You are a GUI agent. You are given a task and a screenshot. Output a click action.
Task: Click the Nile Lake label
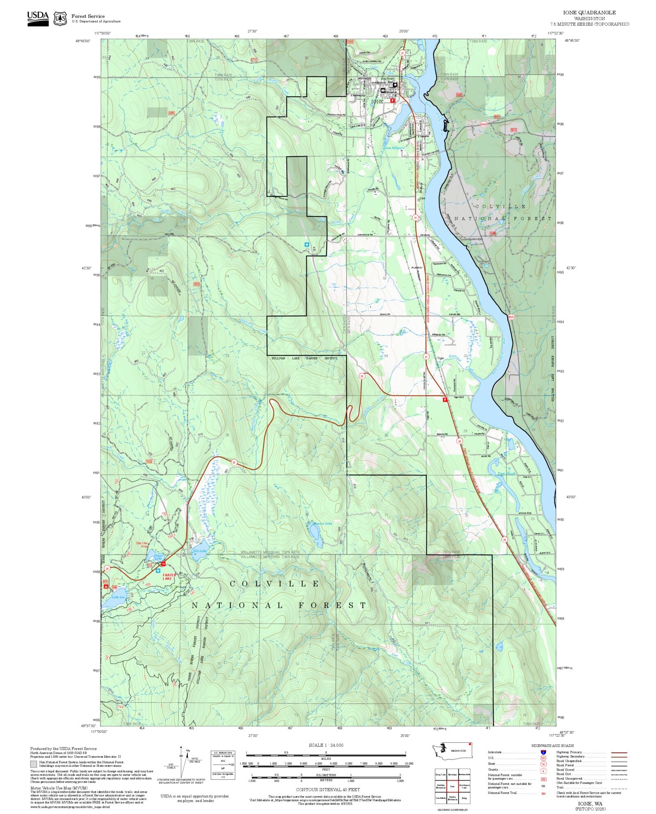199,551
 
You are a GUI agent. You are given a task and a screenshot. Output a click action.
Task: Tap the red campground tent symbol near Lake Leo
106,587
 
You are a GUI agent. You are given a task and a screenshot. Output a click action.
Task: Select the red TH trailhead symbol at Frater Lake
163,564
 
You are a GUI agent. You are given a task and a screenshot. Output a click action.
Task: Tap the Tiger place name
440,358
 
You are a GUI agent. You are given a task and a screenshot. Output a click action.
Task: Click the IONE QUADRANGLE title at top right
589,12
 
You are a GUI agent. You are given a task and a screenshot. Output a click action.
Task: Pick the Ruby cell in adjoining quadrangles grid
464,798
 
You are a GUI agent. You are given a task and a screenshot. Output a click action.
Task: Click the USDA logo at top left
38,18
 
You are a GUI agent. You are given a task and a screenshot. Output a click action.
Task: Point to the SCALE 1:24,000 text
326,745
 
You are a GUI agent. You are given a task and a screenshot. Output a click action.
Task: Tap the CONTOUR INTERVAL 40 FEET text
328,789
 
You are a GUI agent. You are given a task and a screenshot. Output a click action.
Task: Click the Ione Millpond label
394,148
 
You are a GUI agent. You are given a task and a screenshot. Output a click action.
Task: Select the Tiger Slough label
506,473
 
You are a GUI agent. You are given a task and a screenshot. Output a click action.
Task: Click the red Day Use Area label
142,545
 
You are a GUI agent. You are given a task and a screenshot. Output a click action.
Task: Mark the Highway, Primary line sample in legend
619,753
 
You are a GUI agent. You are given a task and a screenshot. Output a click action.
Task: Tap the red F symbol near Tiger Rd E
445,399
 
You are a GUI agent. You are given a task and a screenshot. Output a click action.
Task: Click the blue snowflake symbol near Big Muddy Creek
307,245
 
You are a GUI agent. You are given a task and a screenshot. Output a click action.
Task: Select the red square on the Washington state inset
470,744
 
